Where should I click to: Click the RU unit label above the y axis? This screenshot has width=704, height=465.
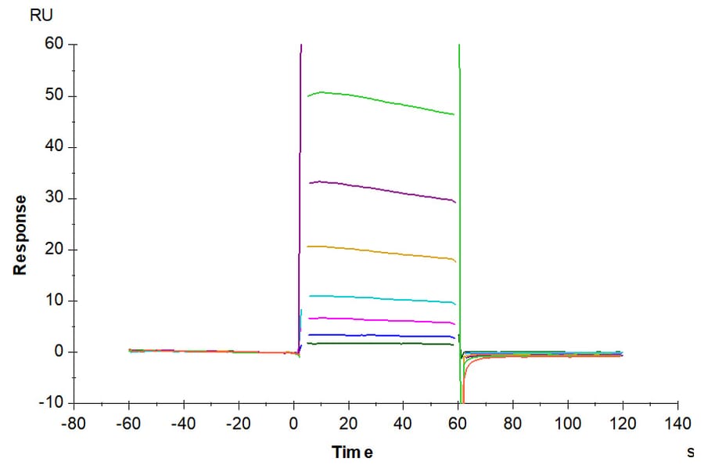[x=40, y=15]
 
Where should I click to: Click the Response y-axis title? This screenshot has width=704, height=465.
[x=20, y=235]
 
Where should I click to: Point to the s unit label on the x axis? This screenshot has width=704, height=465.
[x=690, y=452]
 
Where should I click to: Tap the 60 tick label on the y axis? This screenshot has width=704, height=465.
[x=54, y=45]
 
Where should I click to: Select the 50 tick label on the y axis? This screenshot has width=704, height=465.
[x=54, y=96]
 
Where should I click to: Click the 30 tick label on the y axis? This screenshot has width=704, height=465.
[x=54, y=198]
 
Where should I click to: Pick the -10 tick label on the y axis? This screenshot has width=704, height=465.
[x=51, y=402]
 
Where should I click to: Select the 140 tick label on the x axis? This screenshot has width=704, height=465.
[x=677, y=424]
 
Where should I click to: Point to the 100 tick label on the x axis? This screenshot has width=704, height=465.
[x=568, y=424]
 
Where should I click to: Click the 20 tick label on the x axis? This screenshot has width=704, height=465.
[x=348, y=424]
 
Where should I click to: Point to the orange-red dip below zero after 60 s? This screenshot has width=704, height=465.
[x=464, y=391]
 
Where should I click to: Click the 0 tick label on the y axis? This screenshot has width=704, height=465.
[x=58, y=351]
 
